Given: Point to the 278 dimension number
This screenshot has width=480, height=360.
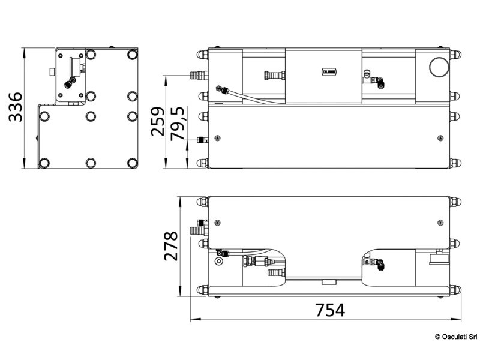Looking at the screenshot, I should [172, 246].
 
